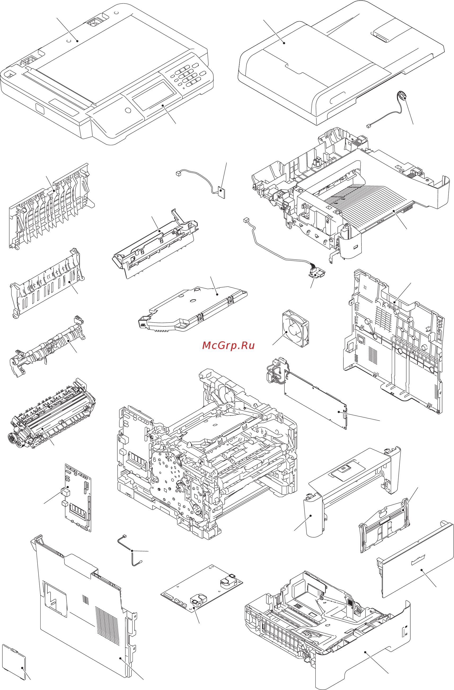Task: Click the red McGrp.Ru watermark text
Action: click(228, 346)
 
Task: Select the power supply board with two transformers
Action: click(201, 589)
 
